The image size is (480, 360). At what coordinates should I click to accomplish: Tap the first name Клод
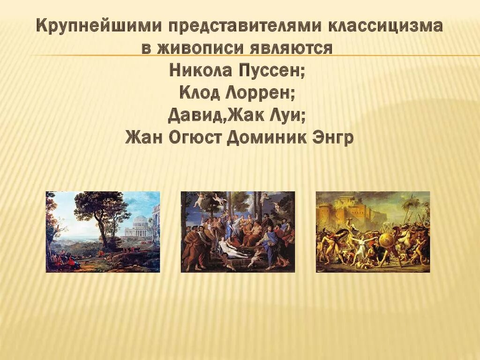pos(200,93)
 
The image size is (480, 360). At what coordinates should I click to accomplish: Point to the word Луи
pos(290,115)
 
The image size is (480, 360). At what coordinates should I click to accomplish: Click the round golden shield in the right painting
pos(387,240)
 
